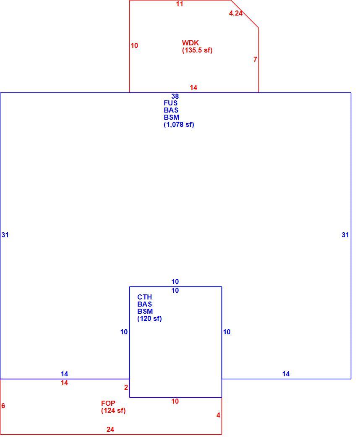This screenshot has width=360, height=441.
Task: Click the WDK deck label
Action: pyautogui.click(x=190, y=43)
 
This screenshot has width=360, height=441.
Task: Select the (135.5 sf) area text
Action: pyautogui.click(x=197, y=50)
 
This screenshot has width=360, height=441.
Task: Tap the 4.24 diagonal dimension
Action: pyautogui.click(x=236, y=13)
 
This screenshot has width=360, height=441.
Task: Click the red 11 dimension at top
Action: pyautogui.click(x=180, y=4)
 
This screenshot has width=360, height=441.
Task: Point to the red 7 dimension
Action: pyautogui.click(x=255, y=59)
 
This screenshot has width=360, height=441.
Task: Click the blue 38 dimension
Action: pyautogui.click(x=175, y=96)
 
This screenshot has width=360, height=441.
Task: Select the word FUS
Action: pyautogui.click(x=171, y=103)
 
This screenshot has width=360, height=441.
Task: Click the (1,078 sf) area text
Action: pyautogui.click(x=179, y=125)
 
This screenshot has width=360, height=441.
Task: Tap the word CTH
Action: pyautogui.click(x=145, y=297)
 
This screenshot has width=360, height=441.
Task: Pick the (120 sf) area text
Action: pyautogui.click(x=149, y=319)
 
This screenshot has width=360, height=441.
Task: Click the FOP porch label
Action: pyautogui.click(x=108, y=403)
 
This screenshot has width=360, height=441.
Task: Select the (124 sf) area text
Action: pyautogui.click(x=113, y=411)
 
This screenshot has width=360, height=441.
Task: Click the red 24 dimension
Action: pyautogui.click(x=110, y=430)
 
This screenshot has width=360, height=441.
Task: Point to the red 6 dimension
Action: pyautogui.click(x=3, y=406)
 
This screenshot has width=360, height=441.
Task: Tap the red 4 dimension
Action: pyautogui.click(x=218, y=415)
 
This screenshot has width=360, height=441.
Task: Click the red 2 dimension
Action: pyautogui.click(x=126, y=388)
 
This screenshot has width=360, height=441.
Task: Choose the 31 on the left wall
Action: pyautogui.click(x=5, y=235)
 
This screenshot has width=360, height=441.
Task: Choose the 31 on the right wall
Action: pyautogui.click(x=345, y=235)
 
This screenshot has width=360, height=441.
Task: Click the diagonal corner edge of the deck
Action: pyautogui.click(x=245, y=14)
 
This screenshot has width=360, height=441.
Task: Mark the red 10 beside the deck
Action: pyautogui.click(x=134, y=45)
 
